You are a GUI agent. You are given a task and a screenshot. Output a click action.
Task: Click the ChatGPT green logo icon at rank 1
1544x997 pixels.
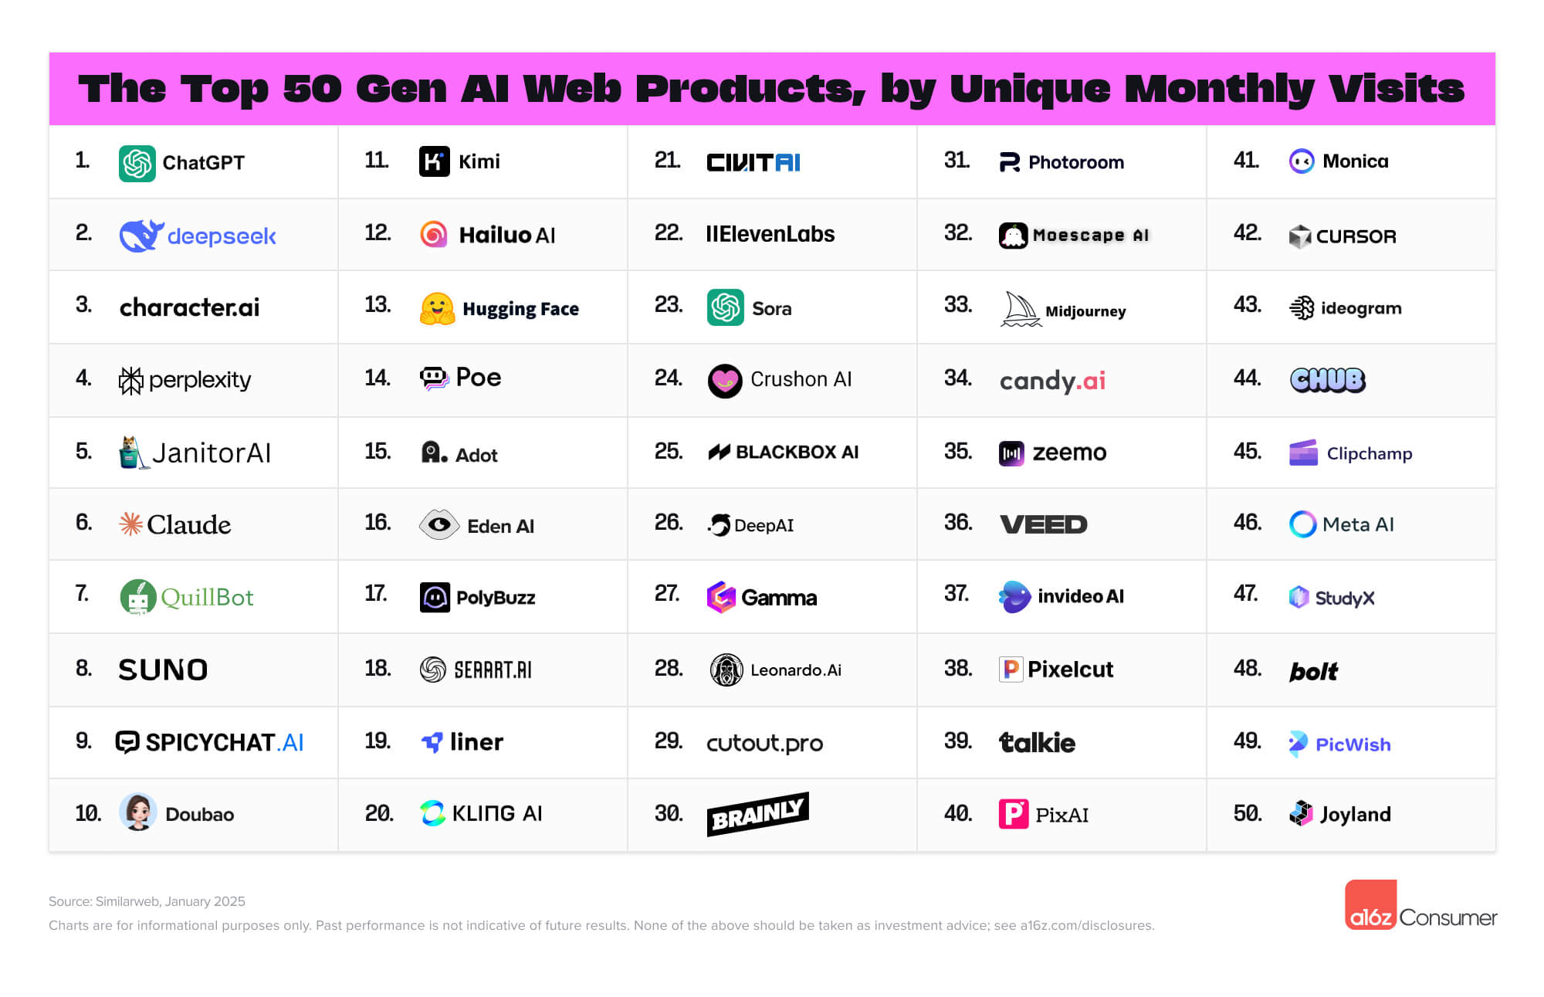pos(137,163)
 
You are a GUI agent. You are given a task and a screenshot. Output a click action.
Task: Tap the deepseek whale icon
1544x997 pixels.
pos(141,236)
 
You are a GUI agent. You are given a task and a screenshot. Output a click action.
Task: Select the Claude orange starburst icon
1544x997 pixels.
pos(130,524)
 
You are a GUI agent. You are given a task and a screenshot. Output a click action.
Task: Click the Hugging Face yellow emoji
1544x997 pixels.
pos(437,308)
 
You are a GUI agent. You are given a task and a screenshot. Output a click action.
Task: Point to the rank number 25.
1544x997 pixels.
pos(668,452)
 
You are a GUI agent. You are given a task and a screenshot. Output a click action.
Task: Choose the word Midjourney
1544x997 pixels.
pos(1085,311)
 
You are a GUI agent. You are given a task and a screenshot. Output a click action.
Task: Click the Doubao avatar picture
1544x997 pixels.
pos(138,812)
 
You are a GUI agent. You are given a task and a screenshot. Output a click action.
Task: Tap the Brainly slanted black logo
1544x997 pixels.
pos(757,814)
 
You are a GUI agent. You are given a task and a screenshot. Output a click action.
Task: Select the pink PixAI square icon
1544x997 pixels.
pos(1014,814)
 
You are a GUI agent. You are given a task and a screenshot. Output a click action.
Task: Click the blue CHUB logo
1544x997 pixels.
pos(1327,379)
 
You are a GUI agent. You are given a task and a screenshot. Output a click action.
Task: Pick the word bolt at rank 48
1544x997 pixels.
pos(1313,671)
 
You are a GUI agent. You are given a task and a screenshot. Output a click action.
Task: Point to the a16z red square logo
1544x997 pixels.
pos(1370,904)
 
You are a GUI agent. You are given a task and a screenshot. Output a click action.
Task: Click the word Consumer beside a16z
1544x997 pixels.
pos(1447,917)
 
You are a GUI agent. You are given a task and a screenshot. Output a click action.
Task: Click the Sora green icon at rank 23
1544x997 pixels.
pos(725,307)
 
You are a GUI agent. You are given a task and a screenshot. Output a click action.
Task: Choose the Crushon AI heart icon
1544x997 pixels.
pos(725,380)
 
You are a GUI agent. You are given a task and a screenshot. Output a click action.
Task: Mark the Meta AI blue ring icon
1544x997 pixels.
pos(1302,524)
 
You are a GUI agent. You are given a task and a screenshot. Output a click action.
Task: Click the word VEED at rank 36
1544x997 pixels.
pos(1043,524)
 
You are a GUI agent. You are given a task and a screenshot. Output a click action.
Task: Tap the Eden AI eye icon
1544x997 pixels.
pos(438,525)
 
